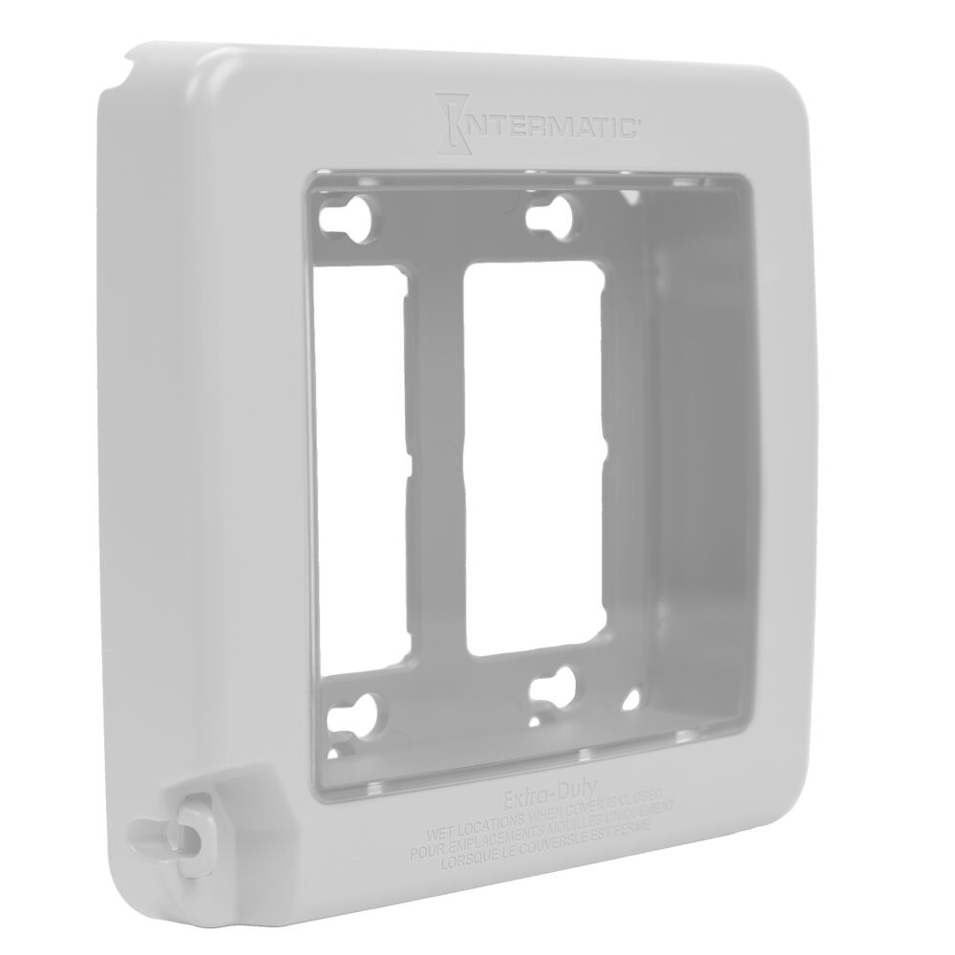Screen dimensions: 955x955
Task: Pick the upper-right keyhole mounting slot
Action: tap(548, 214)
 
